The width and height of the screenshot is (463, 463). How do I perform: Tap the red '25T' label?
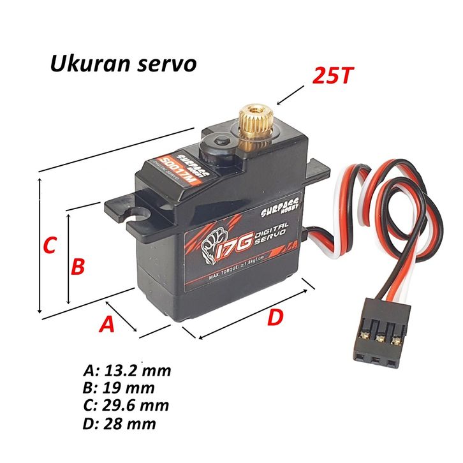[332, 76]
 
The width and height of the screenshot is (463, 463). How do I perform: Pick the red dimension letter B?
[77, 266]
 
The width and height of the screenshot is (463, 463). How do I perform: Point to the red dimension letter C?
[49, 245]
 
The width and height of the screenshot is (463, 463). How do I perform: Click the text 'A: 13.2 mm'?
[127, 371]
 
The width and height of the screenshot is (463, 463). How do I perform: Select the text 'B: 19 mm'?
[119, 388]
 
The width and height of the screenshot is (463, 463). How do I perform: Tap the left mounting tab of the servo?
[126, 209]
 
